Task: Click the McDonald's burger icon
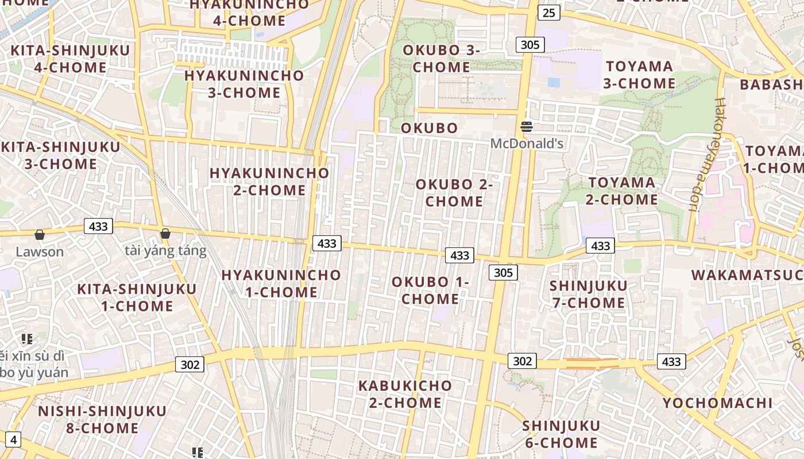tap(527, 127)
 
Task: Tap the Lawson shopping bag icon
tap(40, 234)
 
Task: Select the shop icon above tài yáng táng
tap(165, 233)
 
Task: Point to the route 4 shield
tap(13, 440)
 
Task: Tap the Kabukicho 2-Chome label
tap(405, 394)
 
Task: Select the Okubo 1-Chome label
tap(430, 290)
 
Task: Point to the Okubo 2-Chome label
tap(454, 193)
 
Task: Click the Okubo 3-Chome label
tap(441, 59)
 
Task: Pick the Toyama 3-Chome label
tap(639, 75)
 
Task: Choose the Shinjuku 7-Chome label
tap(589, 294)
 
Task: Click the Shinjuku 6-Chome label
tap(561, 434)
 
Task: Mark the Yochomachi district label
tap(717, 403)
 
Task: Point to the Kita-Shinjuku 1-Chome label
tap(137, 297)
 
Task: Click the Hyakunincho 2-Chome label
tap(269, 181)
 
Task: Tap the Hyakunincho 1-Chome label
tap(281, 283)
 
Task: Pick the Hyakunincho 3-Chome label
tap(244, 84)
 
